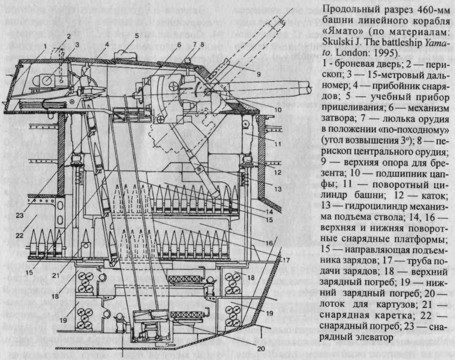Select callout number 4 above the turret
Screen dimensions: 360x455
(107, 44)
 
